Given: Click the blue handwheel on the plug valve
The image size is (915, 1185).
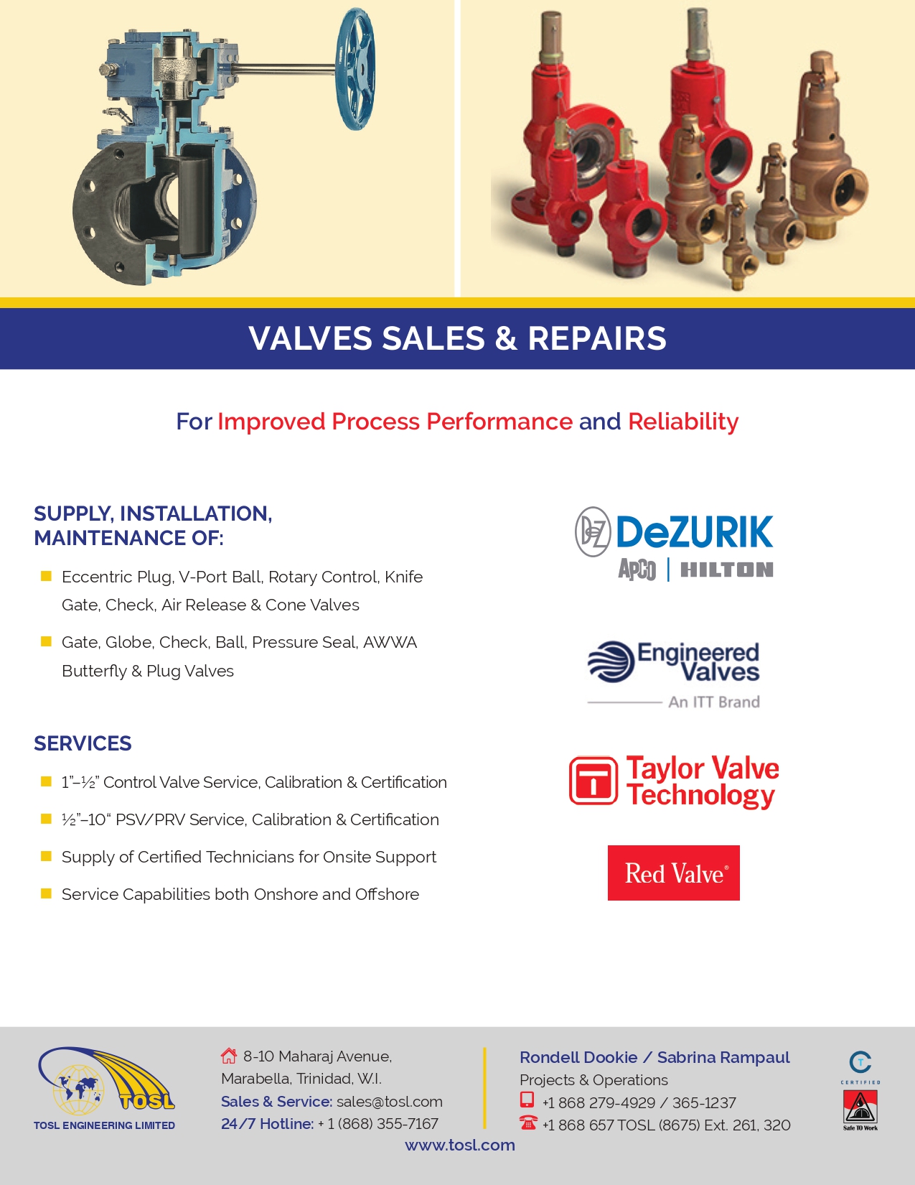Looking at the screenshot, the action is click(356, 69).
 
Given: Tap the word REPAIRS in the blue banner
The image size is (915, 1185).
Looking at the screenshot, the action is click(597, 338).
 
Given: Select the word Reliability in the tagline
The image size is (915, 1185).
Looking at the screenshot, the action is click(683, 422).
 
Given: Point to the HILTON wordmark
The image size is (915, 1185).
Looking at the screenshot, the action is click(726, 570).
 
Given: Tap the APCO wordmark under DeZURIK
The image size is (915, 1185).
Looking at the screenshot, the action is click(637, 570).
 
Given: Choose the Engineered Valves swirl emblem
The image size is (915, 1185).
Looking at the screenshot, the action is click(611, 661).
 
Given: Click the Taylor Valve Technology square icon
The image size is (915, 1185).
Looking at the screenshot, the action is click(593, 781).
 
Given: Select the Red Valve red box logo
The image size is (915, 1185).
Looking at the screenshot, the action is click(674, 873).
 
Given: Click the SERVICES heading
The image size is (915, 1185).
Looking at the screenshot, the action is click(83, 743).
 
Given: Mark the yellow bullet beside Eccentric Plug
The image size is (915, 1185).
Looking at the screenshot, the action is click(47, 576).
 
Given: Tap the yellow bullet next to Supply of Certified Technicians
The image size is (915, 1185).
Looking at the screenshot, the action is click(47, 855).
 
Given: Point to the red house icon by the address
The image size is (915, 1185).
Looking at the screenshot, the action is click(229, 1056).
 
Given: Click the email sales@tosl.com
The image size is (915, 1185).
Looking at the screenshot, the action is click(390, 1102).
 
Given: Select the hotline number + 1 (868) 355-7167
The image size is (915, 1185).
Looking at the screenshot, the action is click(378, 1124).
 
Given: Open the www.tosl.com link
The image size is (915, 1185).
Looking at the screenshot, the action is click(460, 1145).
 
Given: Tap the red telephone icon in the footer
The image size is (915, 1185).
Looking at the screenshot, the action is click(528, 1123).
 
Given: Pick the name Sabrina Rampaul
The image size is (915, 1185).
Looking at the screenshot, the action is click(723, 1057).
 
